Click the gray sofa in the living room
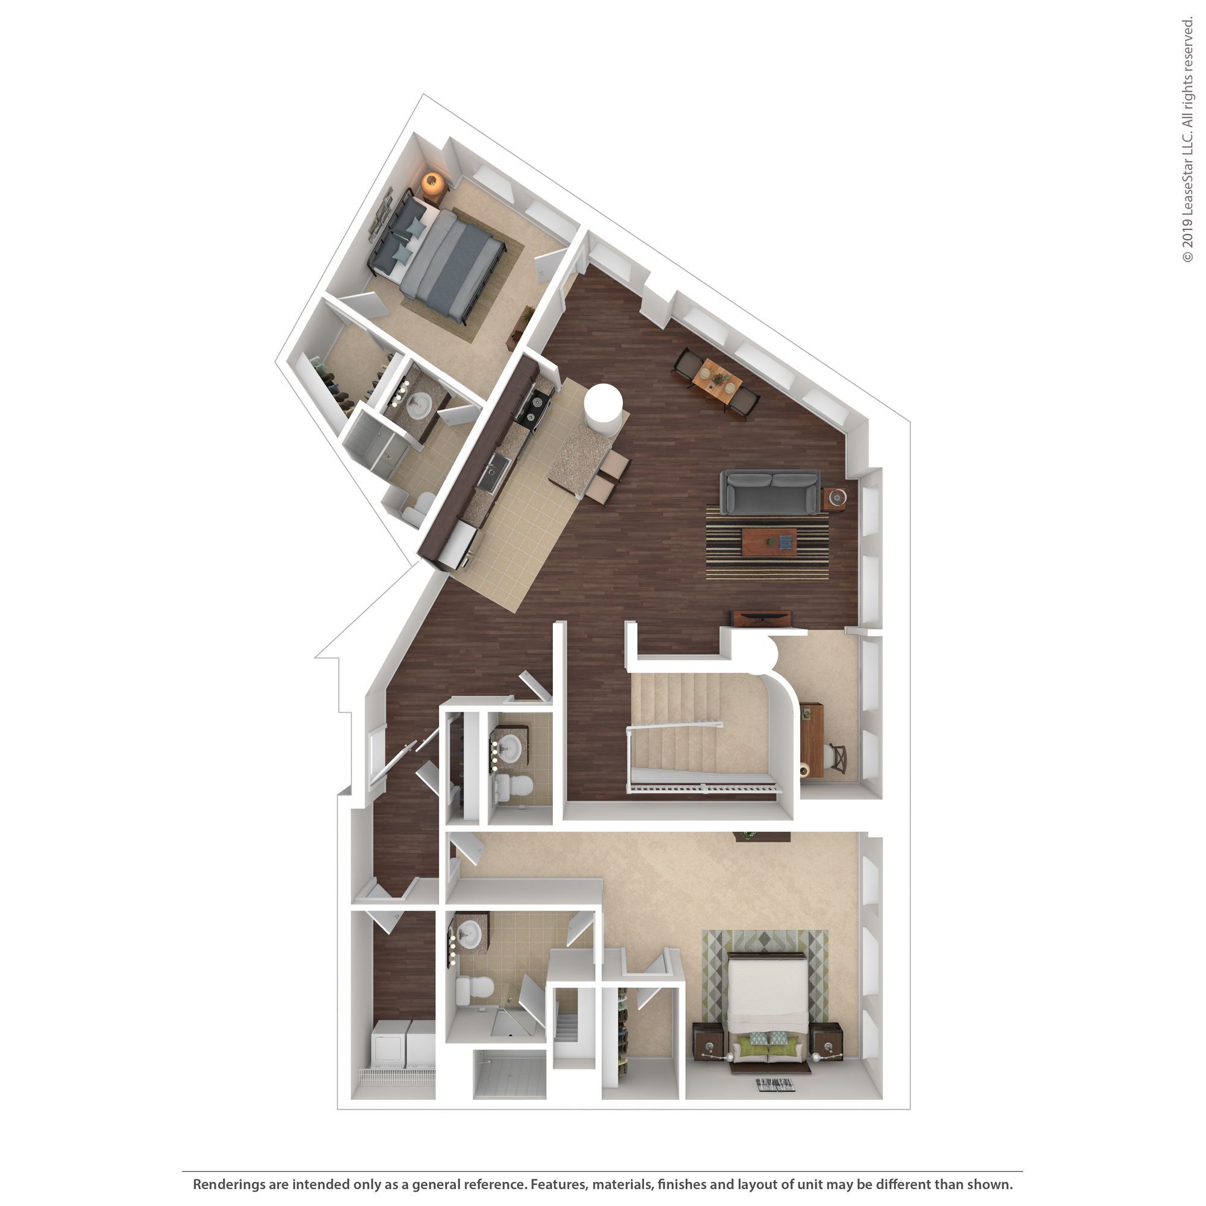tap(769, 493)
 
